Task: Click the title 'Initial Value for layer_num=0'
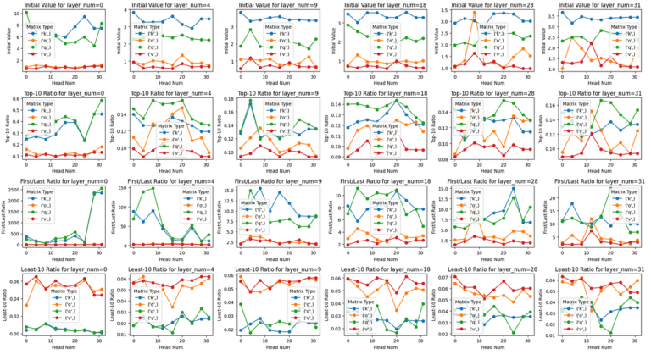(x=64, y=5)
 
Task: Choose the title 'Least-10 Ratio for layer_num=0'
(x=64, y=270)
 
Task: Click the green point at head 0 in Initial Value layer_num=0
(x=25, y=13)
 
